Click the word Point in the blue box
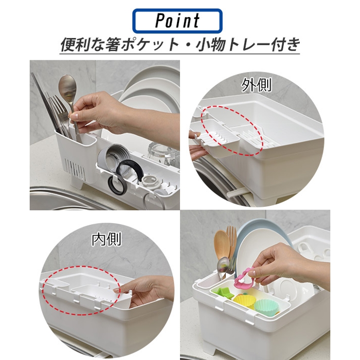point(177,21)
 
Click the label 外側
point(256,86)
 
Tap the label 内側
point(106,239)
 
